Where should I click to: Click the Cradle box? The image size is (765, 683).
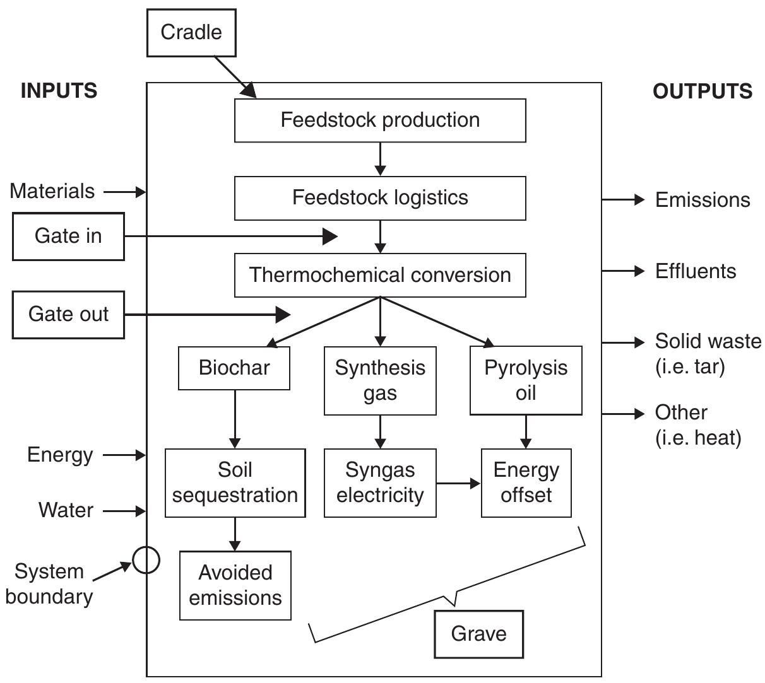[191, 33]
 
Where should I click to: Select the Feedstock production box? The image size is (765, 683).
[380, 120]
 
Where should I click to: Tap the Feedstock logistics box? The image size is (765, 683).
[380, 198]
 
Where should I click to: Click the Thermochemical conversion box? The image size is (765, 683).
[380, 275]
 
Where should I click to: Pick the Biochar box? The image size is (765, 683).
[234, 368]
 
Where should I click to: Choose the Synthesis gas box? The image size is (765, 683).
[380, 380]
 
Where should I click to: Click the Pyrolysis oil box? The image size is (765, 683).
[526, 380]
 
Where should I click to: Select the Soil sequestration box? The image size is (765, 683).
[235, 483]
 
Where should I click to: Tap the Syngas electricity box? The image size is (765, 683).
[380, 483]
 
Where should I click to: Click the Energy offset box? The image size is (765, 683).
[526, 483]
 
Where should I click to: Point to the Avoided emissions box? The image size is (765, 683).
[235, 585]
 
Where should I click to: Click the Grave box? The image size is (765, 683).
[478, 634]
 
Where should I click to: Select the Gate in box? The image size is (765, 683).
[68, 236]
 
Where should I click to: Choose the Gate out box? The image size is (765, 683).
[68, 314]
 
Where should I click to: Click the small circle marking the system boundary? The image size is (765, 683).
[146, 559]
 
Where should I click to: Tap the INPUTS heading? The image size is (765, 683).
[59, 91]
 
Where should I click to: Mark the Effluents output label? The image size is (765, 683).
[696, 271]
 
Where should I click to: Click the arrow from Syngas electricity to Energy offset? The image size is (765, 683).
[458, 484]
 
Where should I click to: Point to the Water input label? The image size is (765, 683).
[66, 510]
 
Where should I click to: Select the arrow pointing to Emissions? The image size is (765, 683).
[623, 200]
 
